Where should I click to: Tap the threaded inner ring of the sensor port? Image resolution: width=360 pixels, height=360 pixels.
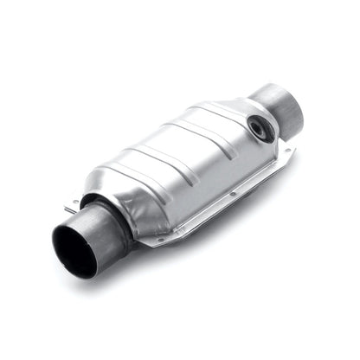[x=257, y=126]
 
